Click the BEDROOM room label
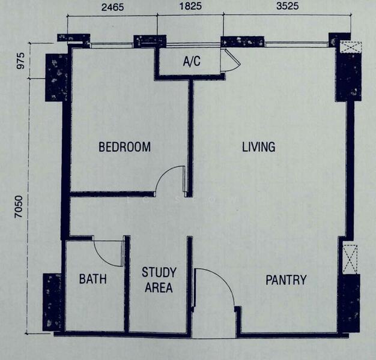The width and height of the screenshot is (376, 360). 124,146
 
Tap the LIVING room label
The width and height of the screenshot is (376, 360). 258,146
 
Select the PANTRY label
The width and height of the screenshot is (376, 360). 286,280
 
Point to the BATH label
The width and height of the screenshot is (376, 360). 92,279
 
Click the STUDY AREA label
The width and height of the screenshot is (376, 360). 159,280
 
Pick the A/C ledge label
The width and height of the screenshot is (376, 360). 192,61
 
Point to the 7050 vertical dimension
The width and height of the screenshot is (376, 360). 19,208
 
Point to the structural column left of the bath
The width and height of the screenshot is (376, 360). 52,301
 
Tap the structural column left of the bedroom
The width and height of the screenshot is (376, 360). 58,77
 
